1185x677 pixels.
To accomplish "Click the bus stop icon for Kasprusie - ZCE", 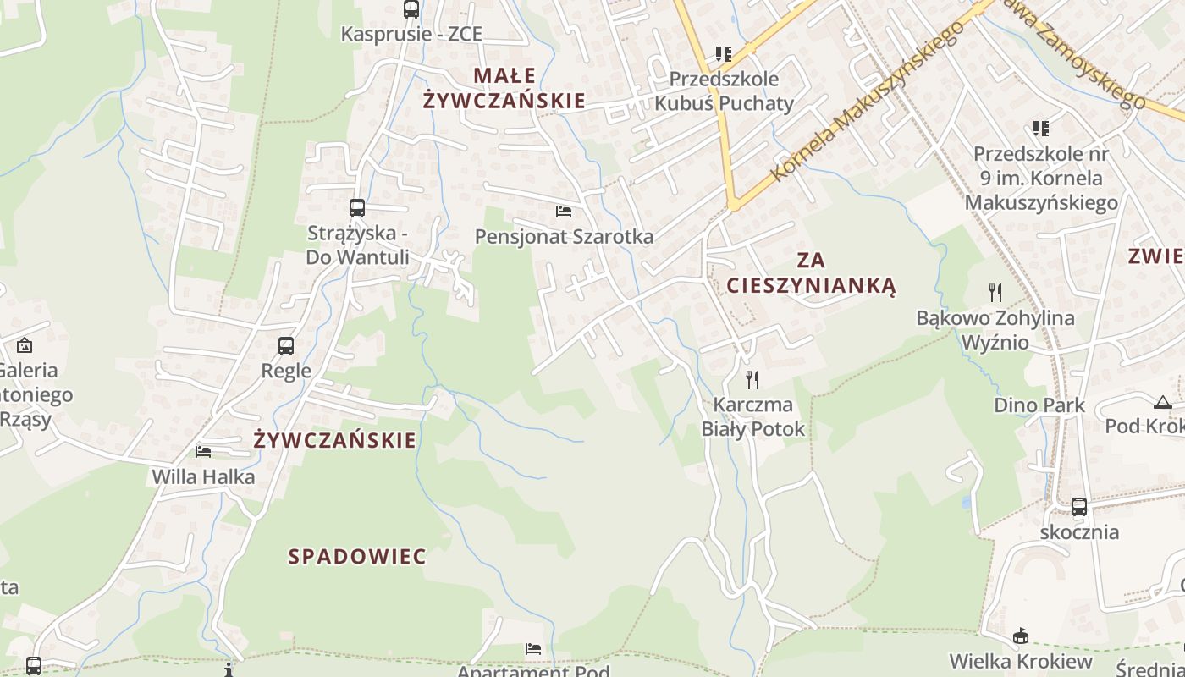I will click(411, 9).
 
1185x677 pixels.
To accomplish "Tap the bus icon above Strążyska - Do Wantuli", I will click(357, 207).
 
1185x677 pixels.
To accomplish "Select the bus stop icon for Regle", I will click(286, 345).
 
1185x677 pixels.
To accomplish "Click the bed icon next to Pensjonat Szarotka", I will click(564, 211).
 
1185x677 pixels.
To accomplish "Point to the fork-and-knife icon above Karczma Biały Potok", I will click(752, 379).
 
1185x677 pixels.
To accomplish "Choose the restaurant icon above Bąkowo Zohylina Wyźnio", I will click(995, 293).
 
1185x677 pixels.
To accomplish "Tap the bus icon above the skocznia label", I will click(1079, 507).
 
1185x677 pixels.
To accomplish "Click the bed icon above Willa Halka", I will click(203, 451).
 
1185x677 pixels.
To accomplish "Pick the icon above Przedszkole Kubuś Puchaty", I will click(724, 54).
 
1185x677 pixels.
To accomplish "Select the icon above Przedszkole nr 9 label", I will click(1041, 129).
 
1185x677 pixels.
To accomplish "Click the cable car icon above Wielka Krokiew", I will click(1021, 636).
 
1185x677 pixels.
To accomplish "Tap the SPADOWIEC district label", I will click(357, 557).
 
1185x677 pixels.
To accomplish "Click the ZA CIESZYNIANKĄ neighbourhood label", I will click(811, 272).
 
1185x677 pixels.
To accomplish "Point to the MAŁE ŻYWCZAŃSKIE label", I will click(504, 88).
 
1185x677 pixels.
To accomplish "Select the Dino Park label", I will click(1039, 405).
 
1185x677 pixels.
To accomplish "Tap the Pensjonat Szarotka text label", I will click(565, 237).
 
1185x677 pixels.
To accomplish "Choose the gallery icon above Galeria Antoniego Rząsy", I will click(25, 345).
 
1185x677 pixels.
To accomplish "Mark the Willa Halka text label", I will click(203, 477).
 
